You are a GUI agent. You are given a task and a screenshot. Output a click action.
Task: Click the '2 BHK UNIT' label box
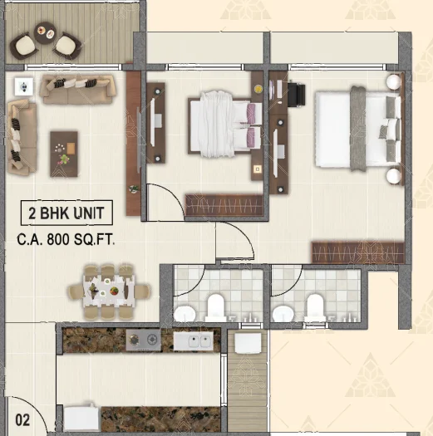click(66, 213)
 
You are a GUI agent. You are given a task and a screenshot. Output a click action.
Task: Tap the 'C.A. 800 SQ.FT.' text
click(66, 239)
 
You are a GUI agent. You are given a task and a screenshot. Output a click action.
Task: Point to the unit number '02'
click(22, 420)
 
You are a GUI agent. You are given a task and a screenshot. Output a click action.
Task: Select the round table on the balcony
click(46, 32)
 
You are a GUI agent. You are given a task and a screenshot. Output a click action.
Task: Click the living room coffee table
click(64, 154)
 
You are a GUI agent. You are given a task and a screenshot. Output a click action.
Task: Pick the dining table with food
click(109, 291)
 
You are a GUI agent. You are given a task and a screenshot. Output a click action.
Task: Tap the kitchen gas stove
click(143, 340)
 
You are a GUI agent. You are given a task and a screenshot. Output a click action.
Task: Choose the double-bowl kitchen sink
click(194, 340)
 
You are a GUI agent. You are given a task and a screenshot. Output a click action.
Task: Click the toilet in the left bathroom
click(215, 307)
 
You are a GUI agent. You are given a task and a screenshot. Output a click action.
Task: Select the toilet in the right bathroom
click(315, 307)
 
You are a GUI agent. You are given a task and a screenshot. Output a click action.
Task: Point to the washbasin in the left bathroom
click(185, 314)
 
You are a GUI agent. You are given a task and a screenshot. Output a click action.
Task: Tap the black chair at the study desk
click(297, 95)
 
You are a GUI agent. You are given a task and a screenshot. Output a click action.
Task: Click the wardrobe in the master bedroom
click(358, 253)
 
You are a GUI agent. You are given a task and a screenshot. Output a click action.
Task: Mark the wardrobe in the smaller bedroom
click(224, 205)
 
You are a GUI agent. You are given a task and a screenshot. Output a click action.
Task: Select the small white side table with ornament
click(24, 86)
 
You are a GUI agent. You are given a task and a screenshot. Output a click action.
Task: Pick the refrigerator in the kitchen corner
click(81, 419)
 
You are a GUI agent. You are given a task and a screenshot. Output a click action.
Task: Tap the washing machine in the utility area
click(248, 344)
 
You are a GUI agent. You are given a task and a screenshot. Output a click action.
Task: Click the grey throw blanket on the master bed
click(358, 128)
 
